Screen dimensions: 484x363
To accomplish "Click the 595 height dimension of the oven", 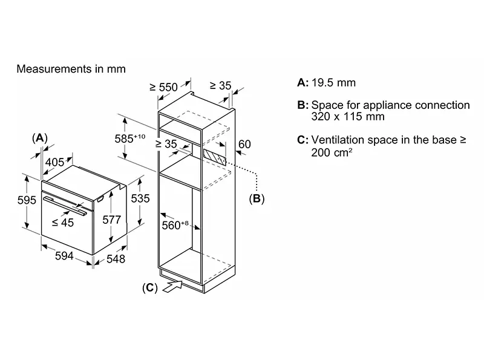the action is [27, 200].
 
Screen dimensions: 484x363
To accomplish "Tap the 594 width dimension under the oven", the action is [64, 255].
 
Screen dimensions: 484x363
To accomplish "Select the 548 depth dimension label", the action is [116, 259].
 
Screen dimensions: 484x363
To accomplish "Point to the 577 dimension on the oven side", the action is [112, 220].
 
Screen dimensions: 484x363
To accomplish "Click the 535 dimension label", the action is [140, 198].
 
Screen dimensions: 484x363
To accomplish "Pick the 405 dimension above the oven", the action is [54, 162].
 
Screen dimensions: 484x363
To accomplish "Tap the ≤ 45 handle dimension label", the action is [63, 222].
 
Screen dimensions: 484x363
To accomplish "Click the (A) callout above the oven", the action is [40, 138].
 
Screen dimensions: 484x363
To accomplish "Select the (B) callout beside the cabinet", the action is [257, 198].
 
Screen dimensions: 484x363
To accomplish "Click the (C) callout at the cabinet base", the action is [150, 288].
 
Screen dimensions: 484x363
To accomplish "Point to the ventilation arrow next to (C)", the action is [172, 286].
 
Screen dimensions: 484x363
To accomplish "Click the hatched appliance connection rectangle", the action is [215, 158].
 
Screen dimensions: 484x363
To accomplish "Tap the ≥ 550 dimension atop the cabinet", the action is [163, 87].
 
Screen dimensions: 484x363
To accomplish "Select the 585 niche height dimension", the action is [129, 139].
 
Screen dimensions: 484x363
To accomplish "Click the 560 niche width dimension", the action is [175, 225].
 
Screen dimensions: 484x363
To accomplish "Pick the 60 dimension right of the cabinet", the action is [244, 144].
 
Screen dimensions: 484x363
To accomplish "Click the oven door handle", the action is [65, 206].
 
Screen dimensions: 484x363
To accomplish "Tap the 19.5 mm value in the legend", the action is [333, 83].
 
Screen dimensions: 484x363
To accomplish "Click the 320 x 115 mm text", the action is [348, 117].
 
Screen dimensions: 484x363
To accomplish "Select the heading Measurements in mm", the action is [71, 69].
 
